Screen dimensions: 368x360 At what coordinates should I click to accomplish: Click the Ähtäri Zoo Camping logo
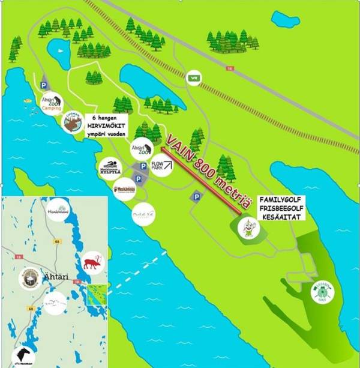pos(51,102)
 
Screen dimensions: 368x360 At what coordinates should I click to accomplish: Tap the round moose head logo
pos(73,123)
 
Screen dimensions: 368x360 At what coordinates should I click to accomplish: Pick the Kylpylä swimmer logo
pos(112,167)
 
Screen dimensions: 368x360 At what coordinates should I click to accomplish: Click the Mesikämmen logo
pos(124,189)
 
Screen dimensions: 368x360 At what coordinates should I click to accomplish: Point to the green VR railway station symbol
pos(194,77)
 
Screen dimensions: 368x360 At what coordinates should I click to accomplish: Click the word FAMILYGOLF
pos(278,199)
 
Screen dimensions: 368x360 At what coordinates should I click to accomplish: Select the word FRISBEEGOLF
pos(278,208)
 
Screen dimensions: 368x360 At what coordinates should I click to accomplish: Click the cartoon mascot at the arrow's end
pos(246,228)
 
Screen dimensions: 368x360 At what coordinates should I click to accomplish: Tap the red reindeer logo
pos(93,262)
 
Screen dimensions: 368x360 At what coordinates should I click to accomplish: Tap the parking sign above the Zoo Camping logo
pos(43,86)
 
